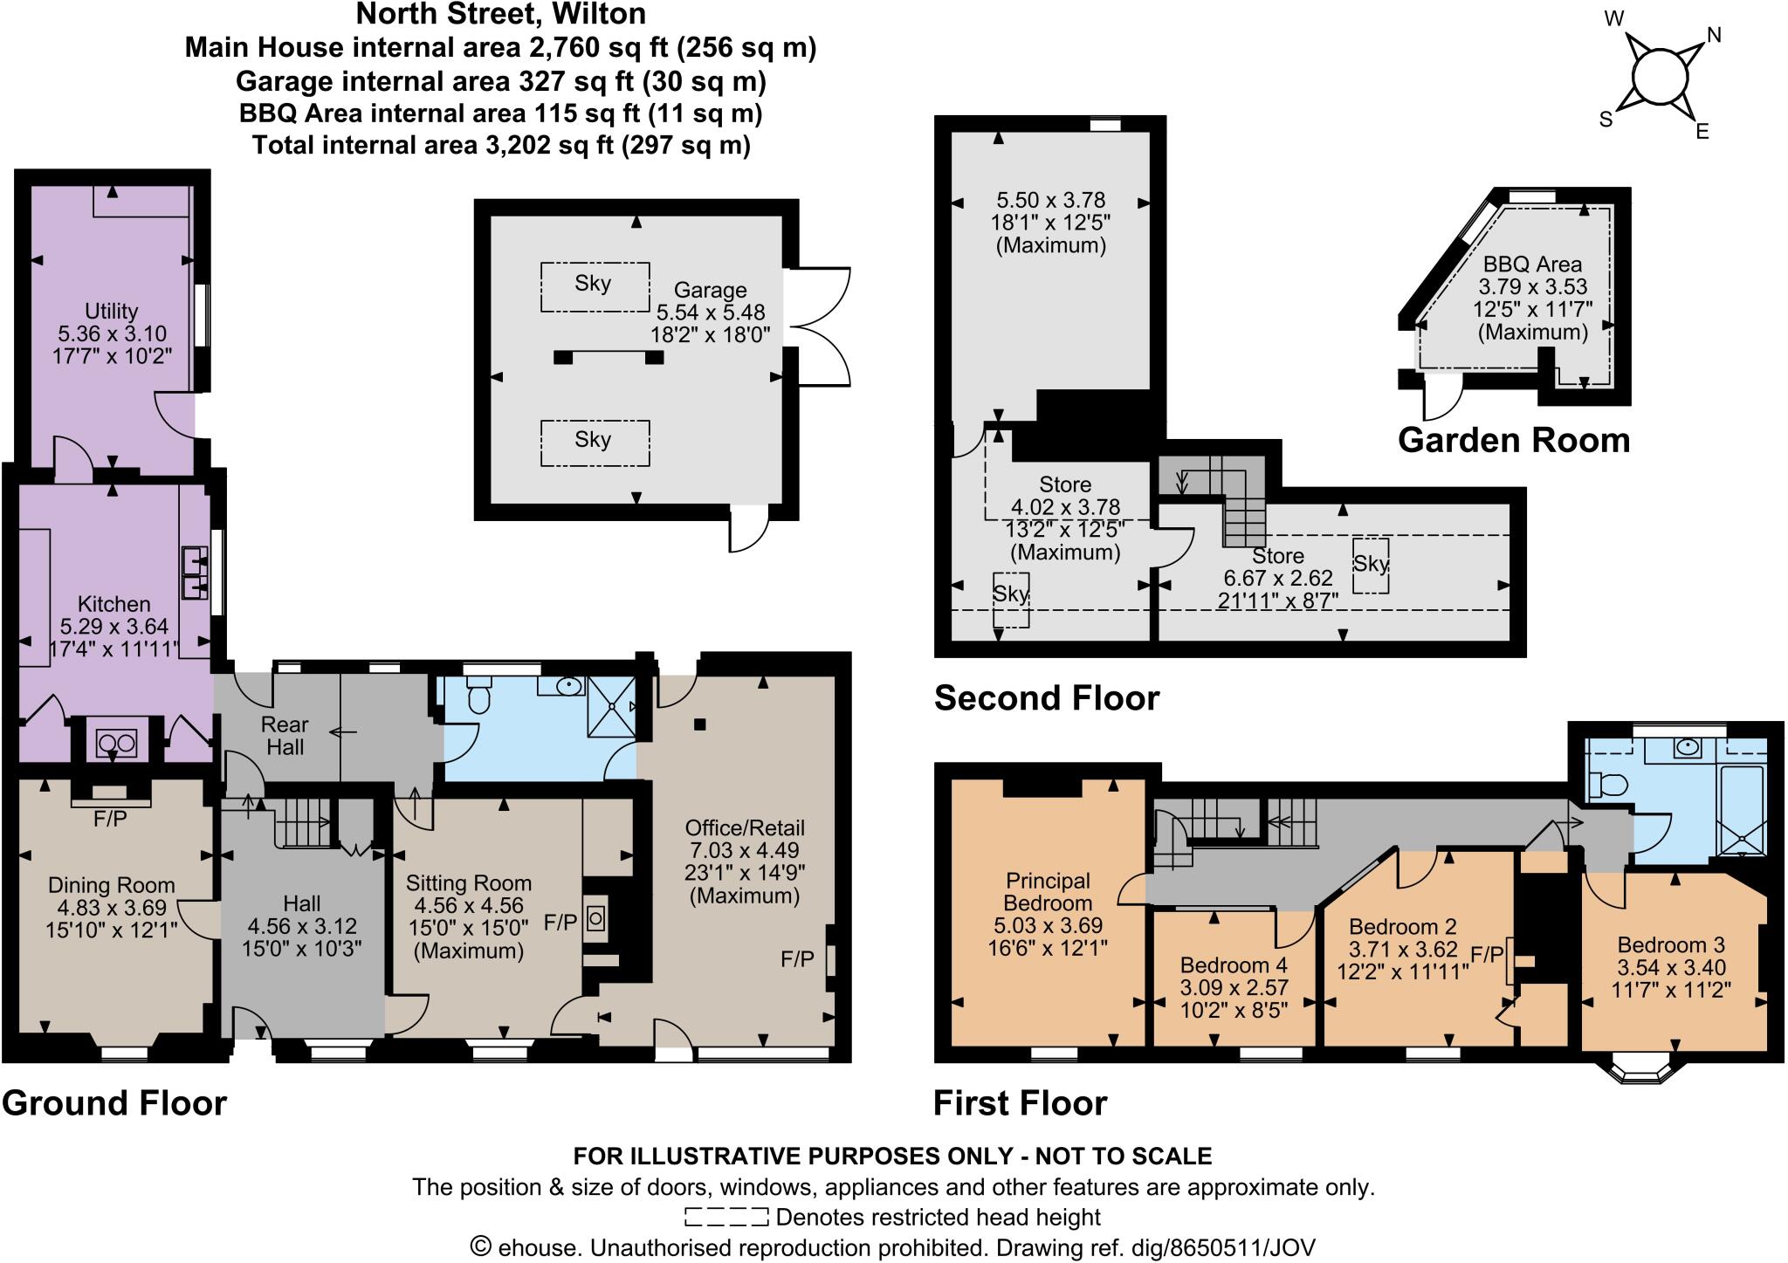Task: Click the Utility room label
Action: [111, 312]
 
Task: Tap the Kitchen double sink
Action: [195, 573]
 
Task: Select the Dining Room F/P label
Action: [110, 819]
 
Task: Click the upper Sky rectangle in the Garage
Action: [595, 286]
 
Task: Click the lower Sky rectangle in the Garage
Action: [595, 443]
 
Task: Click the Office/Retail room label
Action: [745, 827]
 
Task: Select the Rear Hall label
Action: [285, 736]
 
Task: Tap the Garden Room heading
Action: [1514, 440]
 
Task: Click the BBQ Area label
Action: [1532, 264]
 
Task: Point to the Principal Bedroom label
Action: [1048, 891]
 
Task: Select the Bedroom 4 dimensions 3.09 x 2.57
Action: [1234, 988]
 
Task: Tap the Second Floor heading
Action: [1046, 698]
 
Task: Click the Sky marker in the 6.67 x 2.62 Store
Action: [1370, 565]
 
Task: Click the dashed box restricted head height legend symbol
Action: [726, 1217]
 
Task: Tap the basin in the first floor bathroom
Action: [1687, 747]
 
